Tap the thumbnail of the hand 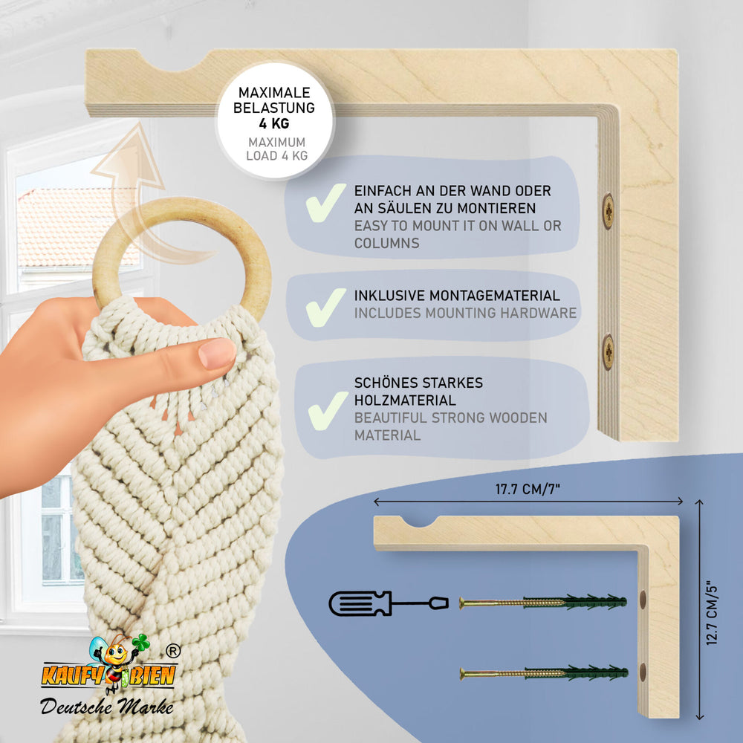(217, 352)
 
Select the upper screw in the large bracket (608, 211)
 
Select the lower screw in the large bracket (608, 352)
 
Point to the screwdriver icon (389, 603)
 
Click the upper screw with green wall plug (543, 603)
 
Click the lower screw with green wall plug (544, 673)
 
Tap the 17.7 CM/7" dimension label (528, 489)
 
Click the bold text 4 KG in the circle (274, 124)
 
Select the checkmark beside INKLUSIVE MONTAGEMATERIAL (325, 308)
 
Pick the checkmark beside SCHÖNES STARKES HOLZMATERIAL (328, 411)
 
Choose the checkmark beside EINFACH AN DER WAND (325, 203)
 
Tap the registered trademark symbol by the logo (173, 651)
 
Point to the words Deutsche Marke (106, 707)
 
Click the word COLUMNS (386, 243)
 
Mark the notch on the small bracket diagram (419, 522)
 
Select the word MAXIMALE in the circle (274, 92)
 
